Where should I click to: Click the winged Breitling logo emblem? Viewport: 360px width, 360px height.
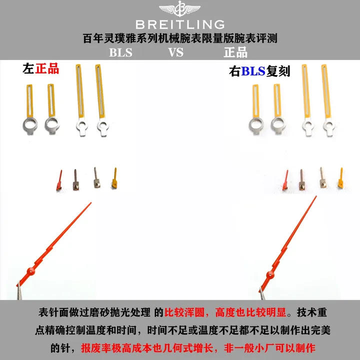[x=180, y=8]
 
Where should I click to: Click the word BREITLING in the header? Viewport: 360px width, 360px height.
[x=180, y=24]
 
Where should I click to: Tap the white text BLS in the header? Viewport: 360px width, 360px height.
[x=120, y=52]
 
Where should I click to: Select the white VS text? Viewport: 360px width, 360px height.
[x=176, y=52]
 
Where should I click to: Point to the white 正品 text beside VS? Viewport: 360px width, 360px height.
[x=235, y=52]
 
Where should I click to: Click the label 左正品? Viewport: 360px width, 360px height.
[x=41, y=68]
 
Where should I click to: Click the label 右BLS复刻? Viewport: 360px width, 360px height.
[x=259, y=71]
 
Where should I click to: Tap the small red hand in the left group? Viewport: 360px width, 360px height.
[x=59, y=180]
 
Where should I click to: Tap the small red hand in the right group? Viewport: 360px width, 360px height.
[x=285, y=180]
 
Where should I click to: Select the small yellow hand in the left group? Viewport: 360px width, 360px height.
[x=114, y=177]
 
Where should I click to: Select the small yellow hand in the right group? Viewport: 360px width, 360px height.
[x=340, y=178]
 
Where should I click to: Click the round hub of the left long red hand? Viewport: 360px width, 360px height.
[x=31, y=271]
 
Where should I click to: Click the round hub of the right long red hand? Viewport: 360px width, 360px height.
[x=270, y=275]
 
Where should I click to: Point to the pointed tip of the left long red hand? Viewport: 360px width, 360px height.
[x=91, y=202]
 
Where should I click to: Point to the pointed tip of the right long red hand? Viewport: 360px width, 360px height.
[x=316, y=196]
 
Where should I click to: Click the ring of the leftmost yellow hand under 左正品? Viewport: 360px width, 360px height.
[x=30, y=126]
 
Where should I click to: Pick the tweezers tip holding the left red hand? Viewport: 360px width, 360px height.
[x=19, y=283]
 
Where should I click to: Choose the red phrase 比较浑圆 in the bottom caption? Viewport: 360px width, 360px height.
[x=184, y=312]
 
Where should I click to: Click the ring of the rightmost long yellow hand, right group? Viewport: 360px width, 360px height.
[x=329, y=126]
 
